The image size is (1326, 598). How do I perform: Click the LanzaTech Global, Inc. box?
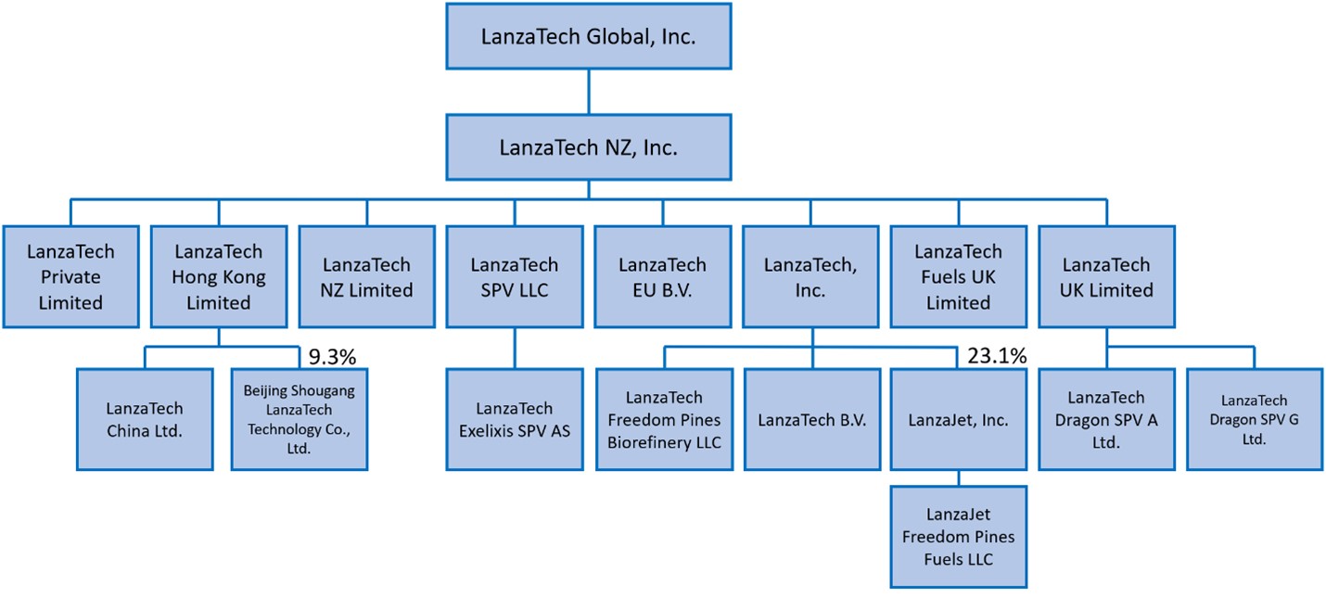pyautogui.click(x=588, y=37)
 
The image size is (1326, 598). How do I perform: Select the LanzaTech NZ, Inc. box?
pyautogui.click(x=588, y=146)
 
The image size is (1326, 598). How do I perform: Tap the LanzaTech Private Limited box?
pyautogui.click(x=70, y=276)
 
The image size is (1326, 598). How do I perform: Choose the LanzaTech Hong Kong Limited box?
pyautogui.click(x=218, y=276)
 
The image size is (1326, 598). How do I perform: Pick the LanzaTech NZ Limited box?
pyautogui.click(x=366, y=276)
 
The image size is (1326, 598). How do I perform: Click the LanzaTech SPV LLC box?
pyautogui.click(x=515, y=276)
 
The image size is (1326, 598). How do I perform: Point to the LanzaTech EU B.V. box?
pyautogui.click(x=662, y=276)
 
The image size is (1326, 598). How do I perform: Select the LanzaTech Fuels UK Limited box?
pyautogui.click(x=958, y=276)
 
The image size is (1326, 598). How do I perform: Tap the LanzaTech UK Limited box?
pyautogui.click(x=1106, y=276)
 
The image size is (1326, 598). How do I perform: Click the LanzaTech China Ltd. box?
pyautogui.click(x=144, y=419)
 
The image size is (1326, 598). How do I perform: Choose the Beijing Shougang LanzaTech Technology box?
pyautogui.click(x=299, y=419)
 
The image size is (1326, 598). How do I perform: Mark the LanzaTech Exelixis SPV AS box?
pyautogui.click(x=515, y=419)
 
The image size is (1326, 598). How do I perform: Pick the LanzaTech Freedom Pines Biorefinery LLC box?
pyautogui.click(x=664, y=419)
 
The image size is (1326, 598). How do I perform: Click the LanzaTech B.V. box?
pyautogui.click(x=811, y=419)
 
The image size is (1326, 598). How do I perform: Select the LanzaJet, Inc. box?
pyautogui.click(x=958, y=419)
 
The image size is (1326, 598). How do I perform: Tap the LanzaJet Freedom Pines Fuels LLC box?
pyautogui.click(x=958, y=536)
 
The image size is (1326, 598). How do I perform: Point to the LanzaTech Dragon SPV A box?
pyautogui.click(x=1106, y=419)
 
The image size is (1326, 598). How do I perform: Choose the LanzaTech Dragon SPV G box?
pyautogui.click(x=1254, y=419)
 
